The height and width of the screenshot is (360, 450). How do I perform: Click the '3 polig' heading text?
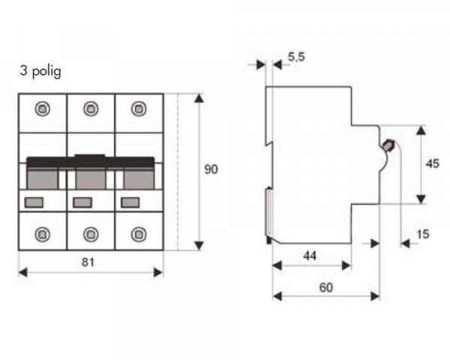[x=40, y=71]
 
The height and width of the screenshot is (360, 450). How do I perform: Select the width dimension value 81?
[x=88, y=262]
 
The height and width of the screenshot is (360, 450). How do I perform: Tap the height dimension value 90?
[x=211, y=169]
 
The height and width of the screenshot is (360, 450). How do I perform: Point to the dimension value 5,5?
[x=296, y=57]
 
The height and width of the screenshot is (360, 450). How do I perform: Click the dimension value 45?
[x=433, y=163]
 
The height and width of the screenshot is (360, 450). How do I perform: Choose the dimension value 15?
[x=423, y=234]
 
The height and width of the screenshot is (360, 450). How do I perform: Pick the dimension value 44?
[x=310, y=256]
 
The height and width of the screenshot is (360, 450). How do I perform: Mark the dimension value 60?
[x=326, y=287]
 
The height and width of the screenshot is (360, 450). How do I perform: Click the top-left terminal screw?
[x=43, y=109]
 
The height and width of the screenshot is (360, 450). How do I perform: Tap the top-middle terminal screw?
[x=91, y=109]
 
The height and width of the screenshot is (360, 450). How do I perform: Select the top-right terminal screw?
[x=139, y=109]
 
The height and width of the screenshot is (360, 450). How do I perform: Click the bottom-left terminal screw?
[x=43, y=234]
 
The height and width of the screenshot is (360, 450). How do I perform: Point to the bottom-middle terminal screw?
[x=91, y=234]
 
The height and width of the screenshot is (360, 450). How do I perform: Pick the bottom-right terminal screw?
[x=139, y=234]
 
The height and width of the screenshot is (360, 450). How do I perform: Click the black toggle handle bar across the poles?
[x=91, y=162]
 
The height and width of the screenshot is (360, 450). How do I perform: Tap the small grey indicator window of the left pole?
[x=34, y=202]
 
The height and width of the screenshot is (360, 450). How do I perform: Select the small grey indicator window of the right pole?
[x=130, y=202]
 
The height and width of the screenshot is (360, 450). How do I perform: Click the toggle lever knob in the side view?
[x=388, y=145]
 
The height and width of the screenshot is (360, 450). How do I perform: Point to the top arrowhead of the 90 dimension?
[x=199, y=98]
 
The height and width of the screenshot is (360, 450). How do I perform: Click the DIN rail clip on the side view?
[x=268, y=215]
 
